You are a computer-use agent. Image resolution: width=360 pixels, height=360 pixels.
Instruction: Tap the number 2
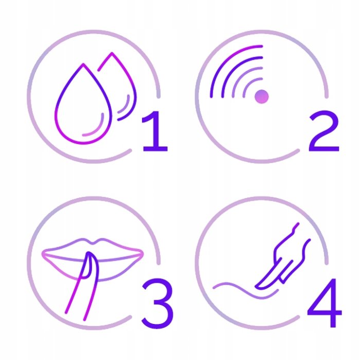click(x=324, y=131)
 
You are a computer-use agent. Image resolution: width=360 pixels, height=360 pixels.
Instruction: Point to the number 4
click(x=325, y=302)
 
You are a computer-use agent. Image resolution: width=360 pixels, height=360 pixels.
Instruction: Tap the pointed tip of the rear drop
click(x=112, y=53)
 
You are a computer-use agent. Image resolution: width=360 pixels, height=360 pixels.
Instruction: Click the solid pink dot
click(x=261, y=97)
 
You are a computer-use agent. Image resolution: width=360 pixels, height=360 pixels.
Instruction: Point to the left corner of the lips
click(x=43, y=254)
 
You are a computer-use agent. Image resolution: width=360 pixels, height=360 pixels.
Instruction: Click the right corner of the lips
click(x=142, y=254)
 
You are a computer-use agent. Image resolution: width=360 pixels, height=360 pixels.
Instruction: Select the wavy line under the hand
click(x=246, y=292)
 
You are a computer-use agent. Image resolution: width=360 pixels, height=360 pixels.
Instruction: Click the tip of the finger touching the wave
click(x=257, y=286)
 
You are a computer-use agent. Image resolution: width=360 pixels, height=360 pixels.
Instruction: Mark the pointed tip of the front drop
click(x=83, y=64)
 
